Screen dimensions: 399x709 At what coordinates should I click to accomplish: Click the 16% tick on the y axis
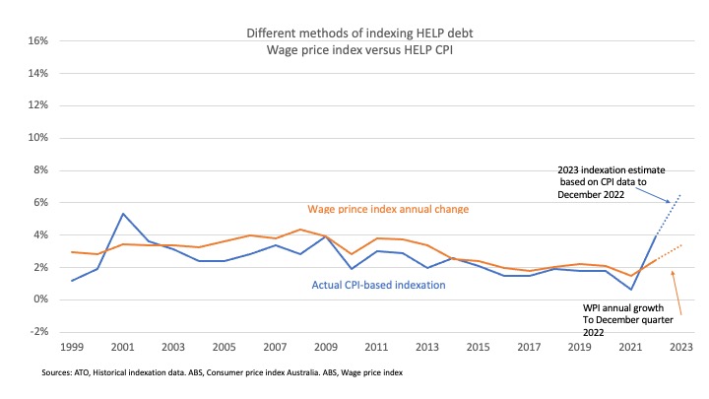36,41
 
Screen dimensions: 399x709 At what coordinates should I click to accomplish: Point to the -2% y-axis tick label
36,332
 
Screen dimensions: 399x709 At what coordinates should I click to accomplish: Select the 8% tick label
39,170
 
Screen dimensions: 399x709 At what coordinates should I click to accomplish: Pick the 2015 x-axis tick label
478,348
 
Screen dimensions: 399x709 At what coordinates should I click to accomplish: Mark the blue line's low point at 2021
630,289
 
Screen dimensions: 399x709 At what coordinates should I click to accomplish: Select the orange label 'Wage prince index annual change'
386,209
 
